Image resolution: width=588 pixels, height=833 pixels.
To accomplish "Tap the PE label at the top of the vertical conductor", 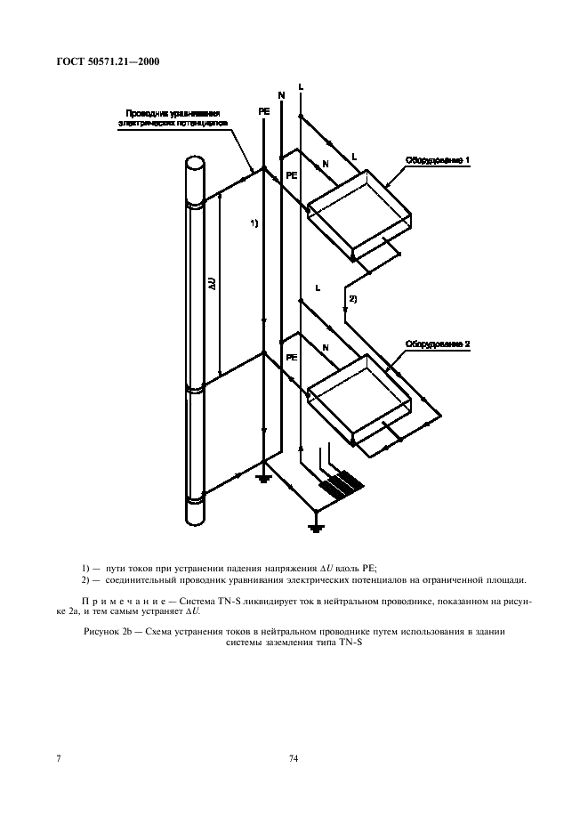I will point(263,111).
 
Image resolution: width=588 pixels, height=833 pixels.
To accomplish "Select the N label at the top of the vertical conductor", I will point(282,94).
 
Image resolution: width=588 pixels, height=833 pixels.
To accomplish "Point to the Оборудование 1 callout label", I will point(438,160).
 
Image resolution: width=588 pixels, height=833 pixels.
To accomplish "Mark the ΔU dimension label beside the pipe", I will point(212,286).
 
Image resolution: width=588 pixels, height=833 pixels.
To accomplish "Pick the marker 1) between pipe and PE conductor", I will point(254,223).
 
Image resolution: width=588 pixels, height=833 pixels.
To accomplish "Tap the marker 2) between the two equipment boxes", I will point(352,299).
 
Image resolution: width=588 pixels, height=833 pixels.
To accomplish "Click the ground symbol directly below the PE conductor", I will point(263,480).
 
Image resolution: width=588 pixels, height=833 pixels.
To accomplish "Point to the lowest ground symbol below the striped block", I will point(315,527).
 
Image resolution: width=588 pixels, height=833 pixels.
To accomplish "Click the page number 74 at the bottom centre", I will point(293,759).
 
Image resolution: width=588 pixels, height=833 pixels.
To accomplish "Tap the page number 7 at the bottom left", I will point(59,759).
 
